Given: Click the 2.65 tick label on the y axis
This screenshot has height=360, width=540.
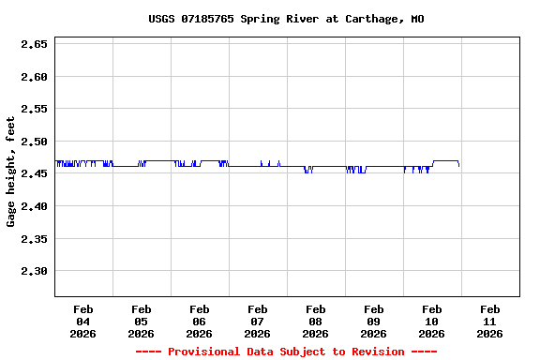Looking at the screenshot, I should (x=34, y=44).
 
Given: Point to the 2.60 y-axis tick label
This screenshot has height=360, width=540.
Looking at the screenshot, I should (x=34, y=77).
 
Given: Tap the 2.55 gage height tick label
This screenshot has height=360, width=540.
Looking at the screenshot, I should (x=34, y=109).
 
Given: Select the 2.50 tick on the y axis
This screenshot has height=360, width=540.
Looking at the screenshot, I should (x=34, y=142).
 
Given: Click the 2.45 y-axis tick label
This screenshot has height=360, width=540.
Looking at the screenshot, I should (x=34, y=173).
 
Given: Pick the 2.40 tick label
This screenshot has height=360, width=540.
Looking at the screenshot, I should (x=34, y=206).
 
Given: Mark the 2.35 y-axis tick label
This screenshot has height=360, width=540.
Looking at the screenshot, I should (x=34, y=238).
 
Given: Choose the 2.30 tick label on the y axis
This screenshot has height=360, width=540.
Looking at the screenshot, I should (x=34, y=271).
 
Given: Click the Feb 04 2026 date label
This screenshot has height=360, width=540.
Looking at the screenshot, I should (x=83, y=322).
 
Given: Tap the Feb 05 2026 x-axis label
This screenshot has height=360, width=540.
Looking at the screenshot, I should (x=142, y=322).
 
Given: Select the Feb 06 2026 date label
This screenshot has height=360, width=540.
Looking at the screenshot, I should (x=200, y=322).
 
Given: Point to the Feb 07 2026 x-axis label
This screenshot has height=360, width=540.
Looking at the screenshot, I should (x=258, y=322).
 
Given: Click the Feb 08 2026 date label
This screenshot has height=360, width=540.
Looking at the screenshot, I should (x=316, y=322).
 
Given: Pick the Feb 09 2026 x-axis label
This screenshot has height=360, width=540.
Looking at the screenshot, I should (x=374, y=322).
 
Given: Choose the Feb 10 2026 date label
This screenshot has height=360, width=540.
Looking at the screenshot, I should (x=432, y=322).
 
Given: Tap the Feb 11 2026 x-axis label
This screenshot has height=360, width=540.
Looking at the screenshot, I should (x=490, y=322).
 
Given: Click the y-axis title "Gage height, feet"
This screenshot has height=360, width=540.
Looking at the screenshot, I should (x=11, y=172).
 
